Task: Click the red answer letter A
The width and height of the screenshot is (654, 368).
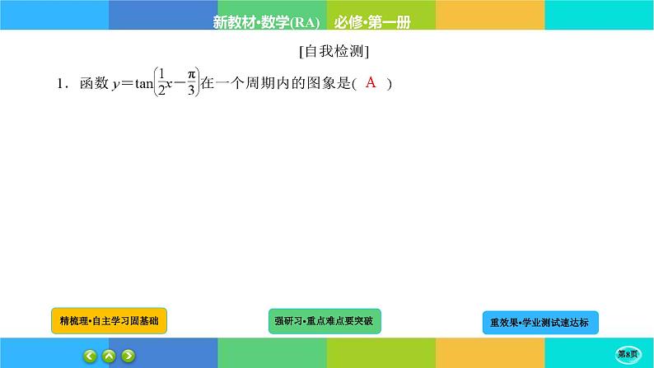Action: click(370, 82)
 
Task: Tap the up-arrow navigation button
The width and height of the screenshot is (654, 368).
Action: click(109, 356)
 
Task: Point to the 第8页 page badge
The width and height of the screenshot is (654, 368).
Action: click(632, 353)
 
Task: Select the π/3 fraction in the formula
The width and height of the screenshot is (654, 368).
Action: click(191, 84)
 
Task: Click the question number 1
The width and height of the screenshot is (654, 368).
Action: click(60, 84)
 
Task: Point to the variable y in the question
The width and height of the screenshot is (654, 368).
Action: click(115, 85)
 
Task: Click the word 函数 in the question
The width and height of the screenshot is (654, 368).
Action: click(91, 84)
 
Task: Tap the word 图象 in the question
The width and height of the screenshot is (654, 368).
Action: click(317, 84)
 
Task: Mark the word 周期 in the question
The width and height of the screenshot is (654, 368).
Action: click(259, 84)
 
